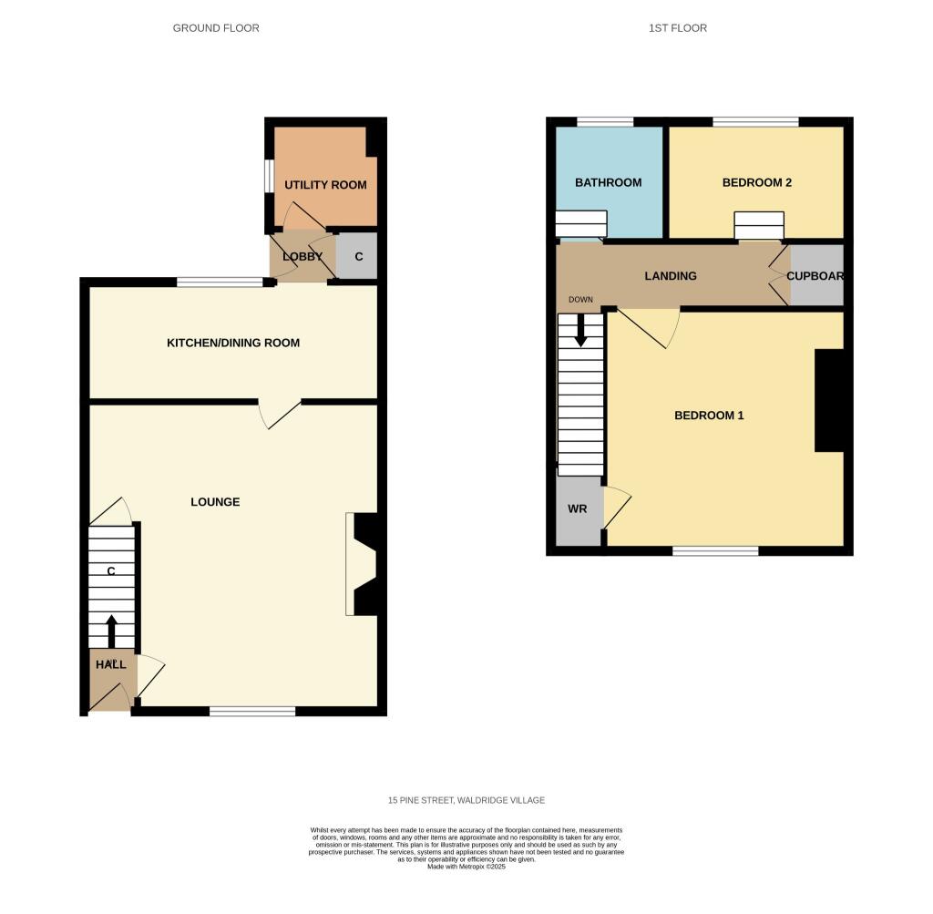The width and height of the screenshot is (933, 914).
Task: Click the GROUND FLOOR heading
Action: [x=216, y=28]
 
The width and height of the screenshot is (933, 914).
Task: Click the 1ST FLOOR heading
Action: [x=678, y=28]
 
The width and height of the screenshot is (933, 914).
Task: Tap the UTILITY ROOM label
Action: [x=325, y=185]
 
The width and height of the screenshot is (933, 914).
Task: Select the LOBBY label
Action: [x=302, y=256]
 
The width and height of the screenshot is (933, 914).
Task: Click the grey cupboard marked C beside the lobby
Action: [x=357, y=256]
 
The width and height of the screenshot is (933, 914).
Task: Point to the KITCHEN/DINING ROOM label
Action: [x=233, y=343]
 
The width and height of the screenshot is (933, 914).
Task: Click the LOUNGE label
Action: [x=215, y=502]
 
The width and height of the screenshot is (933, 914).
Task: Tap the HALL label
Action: [x=111, y=664]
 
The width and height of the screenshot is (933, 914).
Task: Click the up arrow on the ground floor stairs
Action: [x=111, y=632]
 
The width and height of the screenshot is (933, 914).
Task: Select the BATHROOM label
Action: [x=608, y=182]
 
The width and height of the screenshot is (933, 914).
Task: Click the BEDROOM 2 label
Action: [x=757, y=182]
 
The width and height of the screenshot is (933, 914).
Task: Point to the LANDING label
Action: [x=671, y=276]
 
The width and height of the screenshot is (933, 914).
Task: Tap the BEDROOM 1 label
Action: [x=709, y=416]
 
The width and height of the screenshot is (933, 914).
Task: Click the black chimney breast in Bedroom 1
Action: [x=829, y=400]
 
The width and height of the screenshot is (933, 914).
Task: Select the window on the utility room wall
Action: [x=270, y=176]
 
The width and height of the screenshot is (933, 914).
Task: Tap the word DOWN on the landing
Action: [x=580, y=300]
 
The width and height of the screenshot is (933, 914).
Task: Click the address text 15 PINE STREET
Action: [x=421, y=800]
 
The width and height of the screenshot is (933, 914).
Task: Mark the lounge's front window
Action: [x=252, y=711]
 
